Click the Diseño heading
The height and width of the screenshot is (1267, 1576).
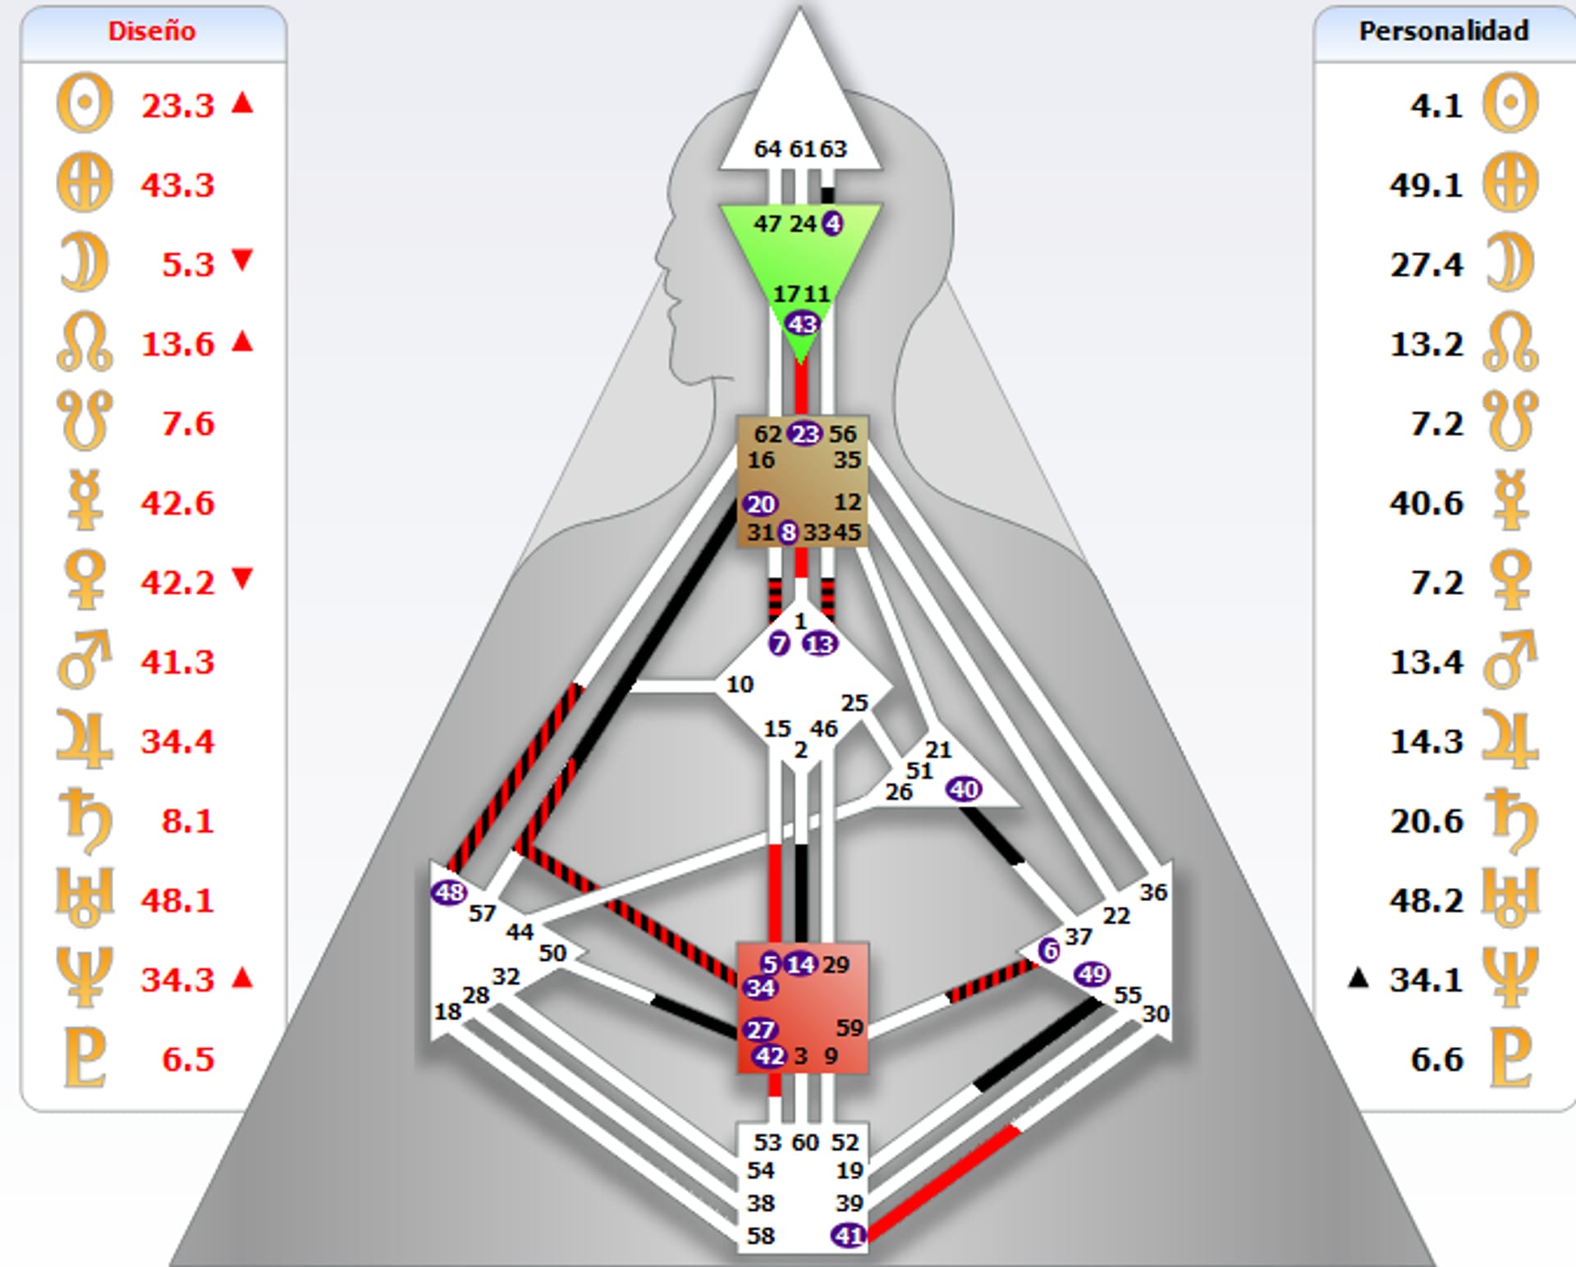pyautogui.click(x=152, y=31)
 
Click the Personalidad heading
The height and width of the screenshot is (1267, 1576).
pyautogui.click(x=1444, y=31)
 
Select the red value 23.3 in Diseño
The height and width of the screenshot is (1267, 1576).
pyautogui.click(x=177, y=106)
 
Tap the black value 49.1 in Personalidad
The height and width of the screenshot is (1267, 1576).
pyautogui.click(x=1426, y=185)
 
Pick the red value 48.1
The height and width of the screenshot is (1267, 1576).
pyautogui.click(x=177, y=900)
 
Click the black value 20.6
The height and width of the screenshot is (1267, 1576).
pyautogui.click(x=1426, y=821)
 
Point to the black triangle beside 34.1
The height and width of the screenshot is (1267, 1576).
pyautogui.click(x=1358, y=977)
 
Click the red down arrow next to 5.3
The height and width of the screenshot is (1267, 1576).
pyautogui.click(x=242, y=260)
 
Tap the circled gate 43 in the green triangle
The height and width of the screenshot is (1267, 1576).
pyautogui.click(x=802, y=324)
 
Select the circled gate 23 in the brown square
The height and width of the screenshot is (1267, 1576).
pyautogui.click(x=804, y=433)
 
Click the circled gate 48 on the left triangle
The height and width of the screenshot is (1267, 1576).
pyautogui.click(x=449, y=892)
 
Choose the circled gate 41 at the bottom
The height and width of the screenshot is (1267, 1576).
pyautogui.click(x=849, y=1235)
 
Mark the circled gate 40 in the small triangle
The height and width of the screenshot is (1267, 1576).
pyautogui.click(x=964, y=789)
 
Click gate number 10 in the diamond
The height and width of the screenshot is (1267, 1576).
pyautogui.click(x=739, y=684)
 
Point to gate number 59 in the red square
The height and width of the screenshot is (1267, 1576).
pyautogui.click(x=850, y=1027)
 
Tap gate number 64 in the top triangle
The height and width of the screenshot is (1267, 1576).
pyautogui.click(x=767, y=149)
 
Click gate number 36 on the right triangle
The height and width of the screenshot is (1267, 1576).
pyautogui.click(x=1153, y=892)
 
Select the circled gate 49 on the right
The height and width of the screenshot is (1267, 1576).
pyautogui.click(x=1092, y=974)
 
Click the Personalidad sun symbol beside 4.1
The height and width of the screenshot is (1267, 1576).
pyautogui.click(x=1510, y=103)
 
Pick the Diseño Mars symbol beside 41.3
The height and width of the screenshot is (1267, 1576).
pyautogui.click(x=84, y=660)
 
